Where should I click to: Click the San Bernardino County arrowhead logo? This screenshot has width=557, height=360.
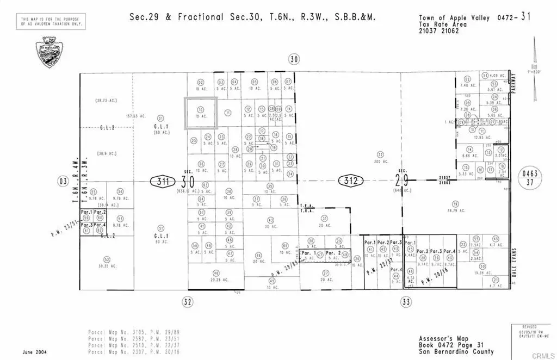48,53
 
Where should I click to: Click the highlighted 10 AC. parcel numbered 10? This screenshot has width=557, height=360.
201,113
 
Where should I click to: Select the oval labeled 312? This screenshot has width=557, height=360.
349,181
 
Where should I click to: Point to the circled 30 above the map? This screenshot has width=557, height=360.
294,59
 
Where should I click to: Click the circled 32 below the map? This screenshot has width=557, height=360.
188,302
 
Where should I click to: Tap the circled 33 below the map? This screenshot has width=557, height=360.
405,302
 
